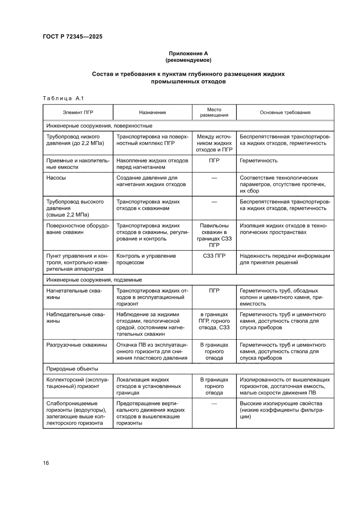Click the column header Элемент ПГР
(x=78, y=112)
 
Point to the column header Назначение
(x=152, y=112)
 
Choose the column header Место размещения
(x=214, y=112)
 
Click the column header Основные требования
(x=285, y=112)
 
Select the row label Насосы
(x=56, y=178)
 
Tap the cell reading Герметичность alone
(x=259, y=161)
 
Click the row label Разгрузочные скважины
(x=77, y=345)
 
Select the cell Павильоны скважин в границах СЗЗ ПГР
(x=214, y=236)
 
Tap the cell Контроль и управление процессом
(x=146, y=260)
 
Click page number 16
(x=46, y=463)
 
